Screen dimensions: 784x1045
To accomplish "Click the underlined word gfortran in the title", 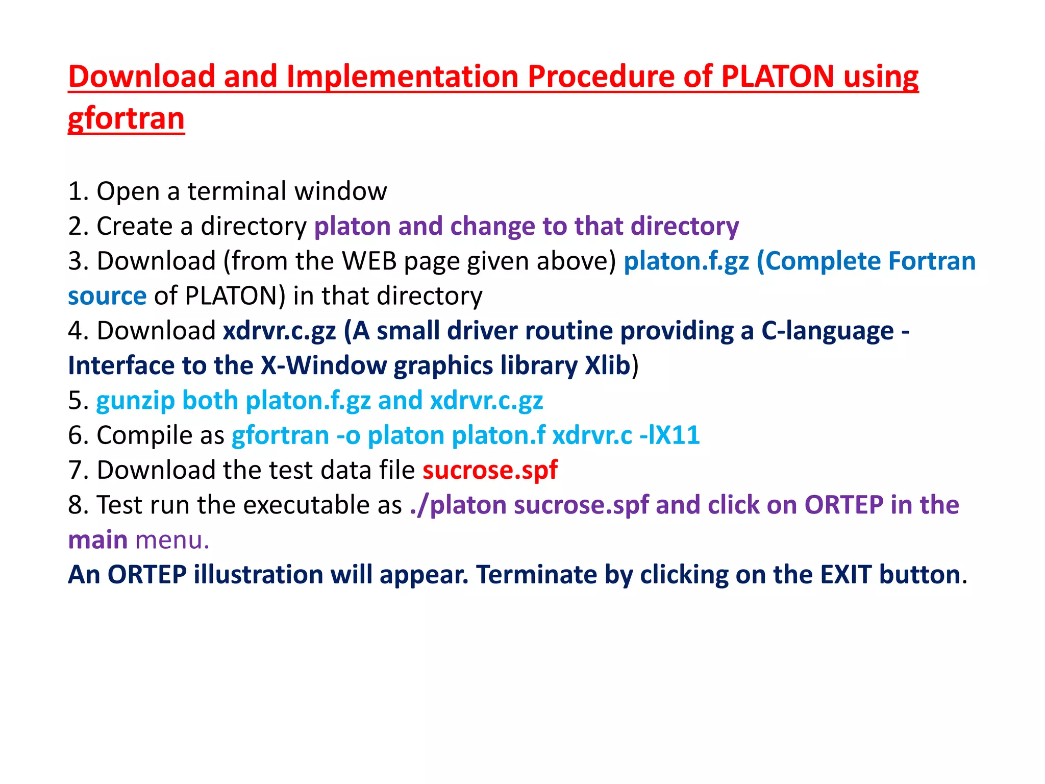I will click(x=126, y=118).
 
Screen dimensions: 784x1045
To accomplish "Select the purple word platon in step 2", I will click(x=352, y=226).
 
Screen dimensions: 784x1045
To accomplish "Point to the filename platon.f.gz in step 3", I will click(x=686, y=261).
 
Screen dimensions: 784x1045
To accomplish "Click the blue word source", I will click(x=107, y=296).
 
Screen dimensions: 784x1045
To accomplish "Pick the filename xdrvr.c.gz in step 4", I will click(x=280, y=331).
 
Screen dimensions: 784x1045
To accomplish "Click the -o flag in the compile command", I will click(x=348, y=435).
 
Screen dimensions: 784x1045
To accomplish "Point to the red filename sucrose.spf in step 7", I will click(x=490, y=470).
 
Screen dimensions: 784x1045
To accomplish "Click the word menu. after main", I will click(x=172, y=540).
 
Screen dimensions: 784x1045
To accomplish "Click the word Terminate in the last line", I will click(x=536, y=575).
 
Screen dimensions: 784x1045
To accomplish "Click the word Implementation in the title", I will click(x=403, y=77).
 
